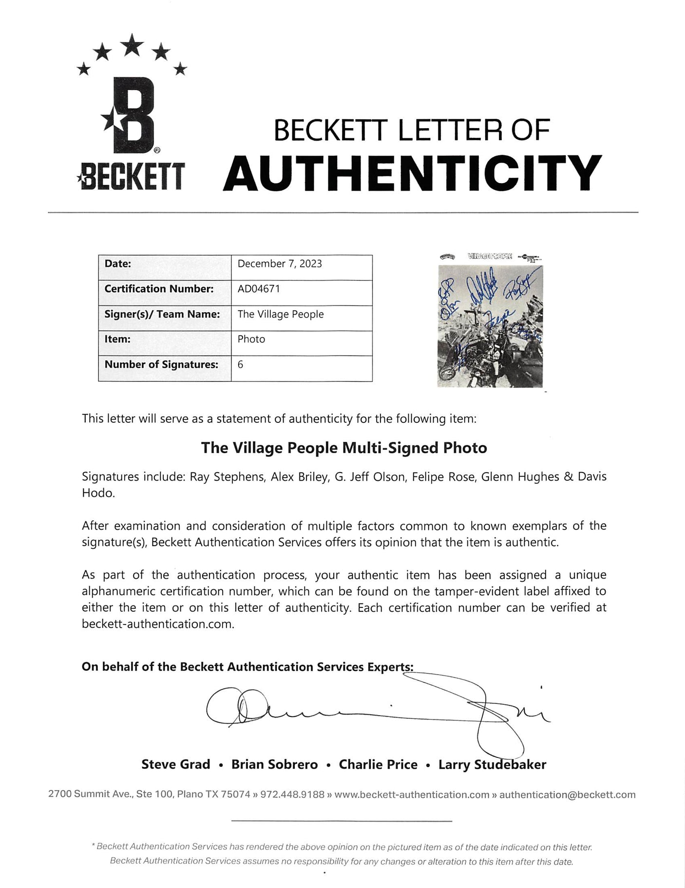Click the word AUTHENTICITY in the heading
(412, 173)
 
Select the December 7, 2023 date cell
(280, 264)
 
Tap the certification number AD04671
(259, 289)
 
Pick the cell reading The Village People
(281, 314)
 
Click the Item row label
(117, 339)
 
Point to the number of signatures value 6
(241, 364)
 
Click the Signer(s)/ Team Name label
(162, 314)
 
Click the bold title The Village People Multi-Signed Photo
(344, 448)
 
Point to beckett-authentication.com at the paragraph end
(158, 624)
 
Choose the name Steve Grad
(175, 764)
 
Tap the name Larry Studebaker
(492, 764)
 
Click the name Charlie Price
(378, 764)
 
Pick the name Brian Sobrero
(274, 764)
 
